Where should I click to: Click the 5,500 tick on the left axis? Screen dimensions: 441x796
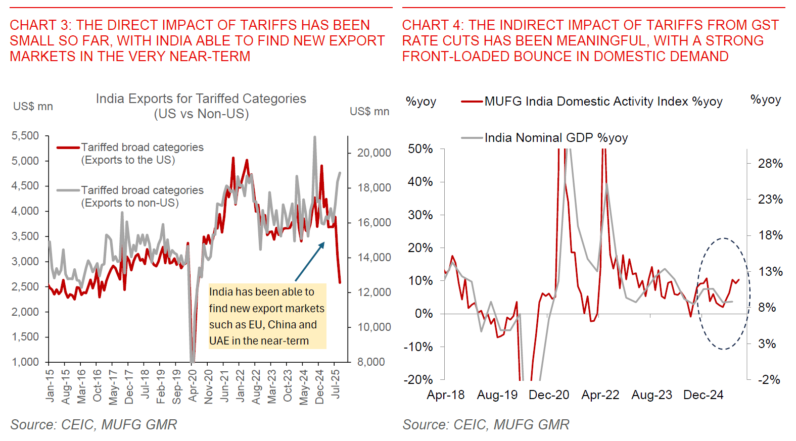coord(25,136)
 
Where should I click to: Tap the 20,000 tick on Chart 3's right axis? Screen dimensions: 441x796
coord(374,153)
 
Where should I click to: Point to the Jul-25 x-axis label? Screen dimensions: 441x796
coord(335,383)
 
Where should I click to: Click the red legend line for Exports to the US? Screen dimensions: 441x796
coord(68,148)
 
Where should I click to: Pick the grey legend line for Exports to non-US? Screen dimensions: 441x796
coord(68,190)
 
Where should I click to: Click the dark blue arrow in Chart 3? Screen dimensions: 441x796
coord(309,262)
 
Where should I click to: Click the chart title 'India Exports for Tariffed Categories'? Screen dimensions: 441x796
coord(201,99)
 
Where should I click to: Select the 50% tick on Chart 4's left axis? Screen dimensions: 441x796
coord(420,149)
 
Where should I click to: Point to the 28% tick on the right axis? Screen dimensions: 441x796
coord(770,164)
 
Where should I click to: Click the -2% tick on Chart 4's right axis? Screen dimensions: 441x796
coord(769,380)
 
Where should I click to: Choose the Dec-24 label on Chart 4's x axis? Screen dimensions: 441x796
coord(703,395)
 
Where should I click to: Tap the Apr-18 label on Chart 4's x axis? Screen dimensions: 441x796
coord(445,395)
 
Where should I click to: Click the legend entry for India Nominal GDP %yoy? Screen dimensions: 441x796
coord(556,138)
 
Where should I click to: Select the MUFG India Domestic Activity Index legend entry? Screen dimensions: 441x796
coord(603,102)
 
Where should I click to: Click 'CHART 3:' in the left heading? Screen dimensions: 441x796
coord(40,25)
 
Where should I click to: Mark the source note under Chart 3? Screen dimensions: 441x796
coord(93,425)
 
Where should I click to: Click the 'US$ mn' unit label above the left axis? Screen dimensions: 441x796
coord(33,107)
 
